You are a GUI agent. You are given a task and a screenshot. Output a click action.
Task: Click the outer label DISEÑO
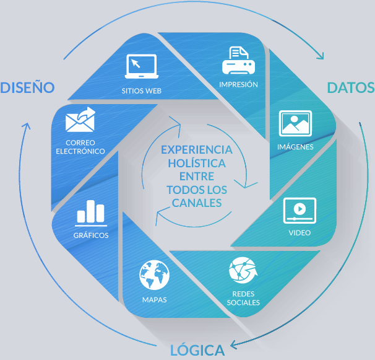click(x=28, y=87)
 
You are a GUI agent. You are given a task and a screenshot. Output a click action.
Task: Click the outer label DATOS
click(x=350, y=87)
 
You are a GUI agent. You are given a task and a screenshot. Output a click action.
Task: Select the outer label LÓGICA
click(x=197, y=350)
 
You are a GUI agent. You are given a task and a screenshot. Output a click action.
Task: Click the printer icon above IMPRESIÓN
click(x=238, y=60)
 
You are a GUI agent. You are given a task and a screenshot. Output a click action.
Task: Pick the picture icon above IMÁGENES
click(x=295, y=123)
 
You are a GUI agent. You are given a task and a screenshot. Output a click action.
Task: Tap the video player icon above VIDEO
click(x=300, y=211)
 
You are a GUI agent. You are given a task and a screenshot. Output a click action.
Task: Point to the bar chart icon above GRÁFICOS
click(x=91, y=213)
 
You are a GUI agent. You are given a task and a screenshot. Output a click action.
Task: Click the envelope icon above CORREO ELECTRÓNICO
click(x=81, y=120)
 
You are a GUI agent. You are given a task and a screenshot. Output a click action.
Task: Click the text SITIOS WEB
click(x=141, y=90)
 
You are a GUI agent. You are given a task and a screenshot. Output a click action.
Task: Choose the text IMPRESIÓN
click(x=238, y=84)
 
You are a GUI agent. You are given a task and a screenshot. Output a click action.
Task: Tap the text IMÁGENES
click(x=295, y=147)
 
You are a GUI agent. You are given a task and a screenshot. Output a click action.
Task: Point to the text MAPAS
click(x=154, y=300)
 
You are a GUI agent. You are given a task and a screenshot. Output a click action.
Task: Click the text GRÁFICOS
click(x=91, y=235)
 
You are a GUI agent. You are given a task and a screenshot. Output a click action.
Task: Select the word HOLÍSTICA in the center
click(x=197, y=163)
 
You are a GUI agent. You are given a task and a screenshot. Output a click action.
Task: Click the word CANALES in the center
click(x=197, y=203)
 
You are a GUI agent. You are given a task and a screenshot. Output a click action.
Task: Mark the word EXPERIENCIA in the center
click(x=197, y=149)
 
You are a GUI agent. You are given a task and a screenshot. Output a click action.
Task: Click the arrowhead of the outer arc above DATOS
click(x=321, y=56)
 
